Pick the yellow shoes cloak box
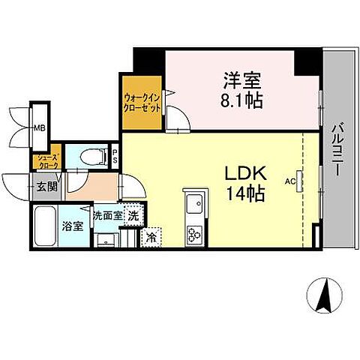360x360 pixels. (x=42, y=160)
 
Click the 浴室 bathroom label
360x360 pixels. (x=72, y=226)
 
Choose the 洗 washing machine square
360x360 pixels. (x=132, y=214)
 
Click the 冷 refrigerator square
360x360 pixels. (x=151, y=237)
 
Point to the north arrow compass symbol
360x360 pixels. (x=325, y=295)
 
